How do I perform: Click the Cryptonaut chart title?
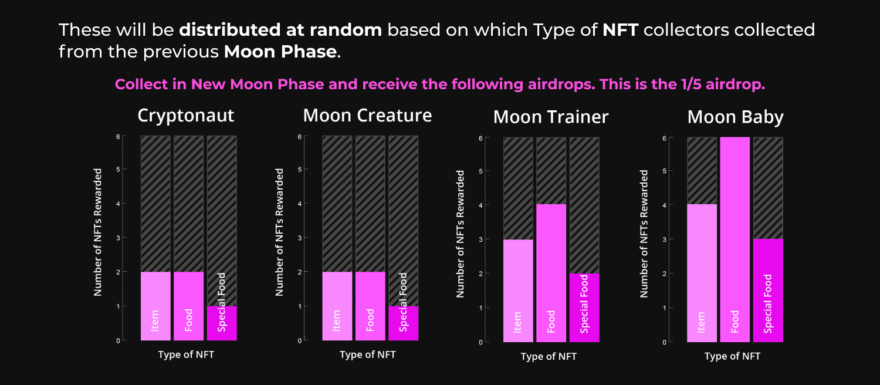pos(186,116)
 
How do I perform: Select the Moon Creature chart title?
pos(367,116)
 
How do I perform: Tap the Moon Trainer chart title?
pos(551,117)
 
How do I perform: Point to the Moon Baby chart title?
pos(736,117)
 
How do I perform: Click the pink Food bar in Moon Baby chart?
pos(735,239)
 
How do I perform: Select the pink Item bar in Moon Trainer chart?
pos(518,291)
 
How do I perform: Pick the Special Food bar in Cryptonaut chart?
pos(222,323)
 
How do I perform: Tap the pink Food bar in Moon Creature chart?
pos(370,306)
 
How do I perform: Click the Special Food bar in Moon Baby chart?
pos(768,291)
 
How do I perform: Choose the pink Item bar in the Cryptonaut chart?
pos(155,306)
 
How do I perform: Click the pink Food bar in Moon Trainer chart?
pos(551,273)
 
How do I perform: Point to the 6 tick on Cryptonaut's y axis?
pos(118,137)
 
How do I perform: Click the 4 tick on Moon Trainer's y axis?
pos(480,205)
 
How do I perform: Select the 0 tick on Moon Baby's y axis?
pos(664,342)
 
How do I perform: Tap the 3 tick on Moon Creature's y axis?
pos(300,238)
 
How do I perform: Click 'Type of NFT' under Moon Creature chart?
pos(367,354)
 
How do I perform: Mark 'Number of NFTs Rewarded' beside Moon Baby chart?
pos(644,234)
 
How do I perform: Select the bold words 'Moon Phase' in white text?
pos(280,52)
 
